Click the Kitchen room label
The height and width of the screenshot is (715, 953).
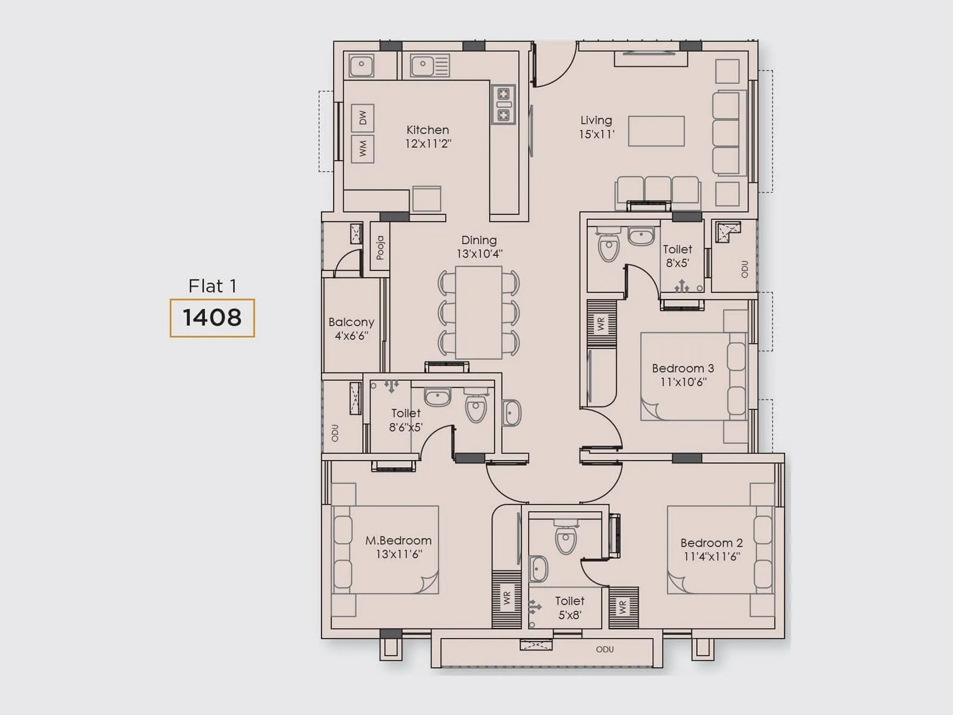click(428, 130)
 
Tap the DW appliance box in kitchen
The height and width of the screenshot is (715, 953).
click(362, 118)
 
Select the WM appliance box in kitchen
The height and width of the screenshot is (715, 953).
click(362, 148)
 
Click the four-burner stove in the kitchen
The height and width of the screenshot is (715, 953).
click(503, 104)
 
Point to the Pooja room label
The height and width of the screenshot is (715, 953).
click(380, 248)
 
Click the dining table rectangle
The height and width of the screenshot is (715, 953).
click(478, 312)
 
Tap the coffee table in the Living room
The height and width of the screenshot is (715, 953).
click(656, 131)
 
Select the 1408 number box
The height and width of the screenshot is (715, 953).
click(212, 318)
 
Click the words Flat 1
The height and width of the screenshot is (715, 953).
click(212, 286)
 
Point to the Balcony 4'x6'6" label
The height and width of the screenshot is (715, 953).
click(351, 328)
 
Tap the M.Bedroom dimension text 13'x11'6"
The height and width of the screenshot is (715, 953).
click(398, 554)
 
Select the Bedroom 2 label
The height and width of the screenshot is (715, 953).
click(711, 543)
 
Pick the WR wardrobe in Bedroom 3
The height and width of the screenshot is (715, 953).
click(601, 324)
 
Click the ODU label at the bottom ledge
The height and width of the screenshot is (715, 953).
click(605, 649)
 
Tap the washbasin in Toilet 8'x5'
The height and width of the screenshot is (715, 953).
click(641, 236)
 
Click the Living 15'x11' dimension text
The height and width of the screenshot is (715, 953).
click(596, 135)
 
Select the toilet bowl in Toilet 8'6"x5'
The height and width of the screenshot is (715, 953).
click(476, 408)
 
